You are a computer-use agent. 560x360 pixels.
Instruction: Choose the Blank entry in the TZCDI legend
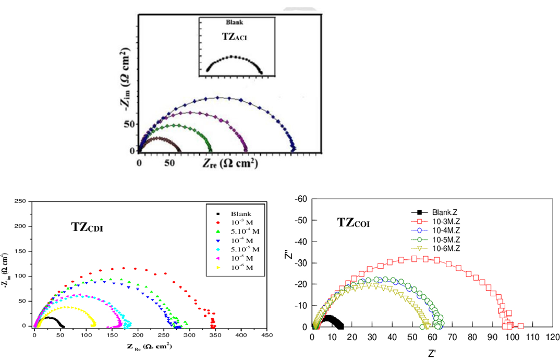(242, 213)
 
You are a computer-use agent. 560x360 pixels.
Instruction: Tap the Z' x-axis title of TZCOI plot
(432, 353)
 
